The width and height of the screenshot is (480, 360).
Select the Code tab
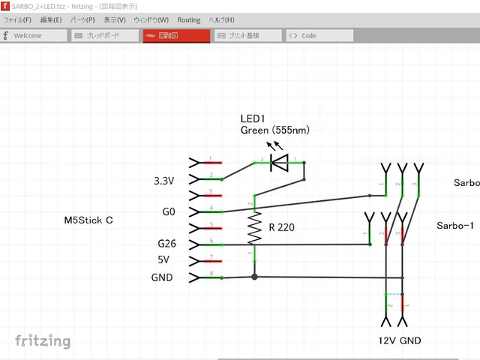(309, 35)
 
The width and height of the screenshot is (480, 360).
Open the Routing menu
(189, 19)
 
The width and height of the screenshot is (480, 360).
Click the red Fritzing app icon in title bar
(5, 6)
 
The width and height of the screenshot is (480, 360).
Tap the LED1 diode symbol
(280, 160)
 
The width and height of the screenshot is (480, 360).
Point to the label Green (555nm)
(274, 130)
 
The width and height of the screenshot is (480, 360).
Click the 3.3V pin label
(163, 181)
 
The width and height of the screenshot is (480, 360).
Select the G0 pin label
(169, 212)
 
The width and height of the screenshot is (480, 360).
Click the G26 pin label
(166, 244)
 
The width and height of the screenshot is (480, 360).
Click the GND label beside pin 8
(161, 277)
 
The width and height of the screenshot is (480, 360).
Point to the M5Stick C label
(88, 220)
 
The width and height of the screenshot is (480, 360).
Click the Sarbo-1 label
(455, 226)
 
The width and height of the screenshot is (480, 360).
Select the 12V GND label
(400, 340)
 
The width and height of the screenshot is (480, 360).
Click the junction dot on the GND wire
(255, 277)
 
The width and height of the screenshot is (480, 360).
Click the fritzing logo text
(43, 341)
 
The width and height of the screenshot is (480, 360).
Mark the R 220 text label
(281, 226)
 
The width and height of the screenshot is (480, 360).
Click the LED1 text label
(253, 118)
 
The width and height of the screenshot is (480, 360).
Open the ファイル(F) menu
(18, 19)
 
